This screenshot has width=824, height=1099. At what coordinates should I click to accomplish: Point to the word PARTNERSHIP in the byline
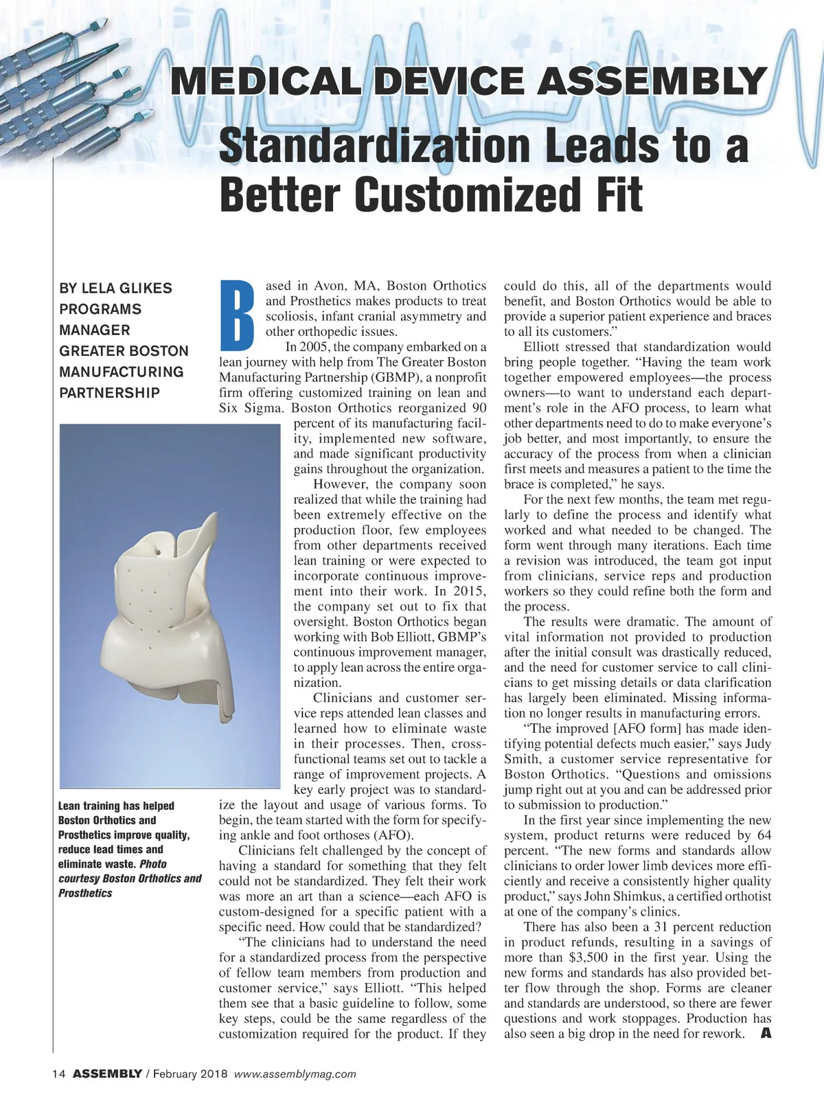[x=109, y=393]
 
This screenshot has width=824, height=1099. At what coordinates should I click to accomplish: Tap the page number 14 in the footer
[x=58, y=1074]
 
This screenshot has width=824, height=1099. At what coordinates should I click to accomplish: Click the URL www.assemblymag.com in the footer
[x=295, y=1074]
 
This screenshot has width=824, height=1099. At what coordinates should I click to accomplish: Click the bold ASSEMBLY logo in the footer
[x=107, y=1074]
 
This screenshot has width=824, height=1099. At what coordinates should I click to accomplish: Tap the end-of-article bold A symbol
[x=766, y=1034]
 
